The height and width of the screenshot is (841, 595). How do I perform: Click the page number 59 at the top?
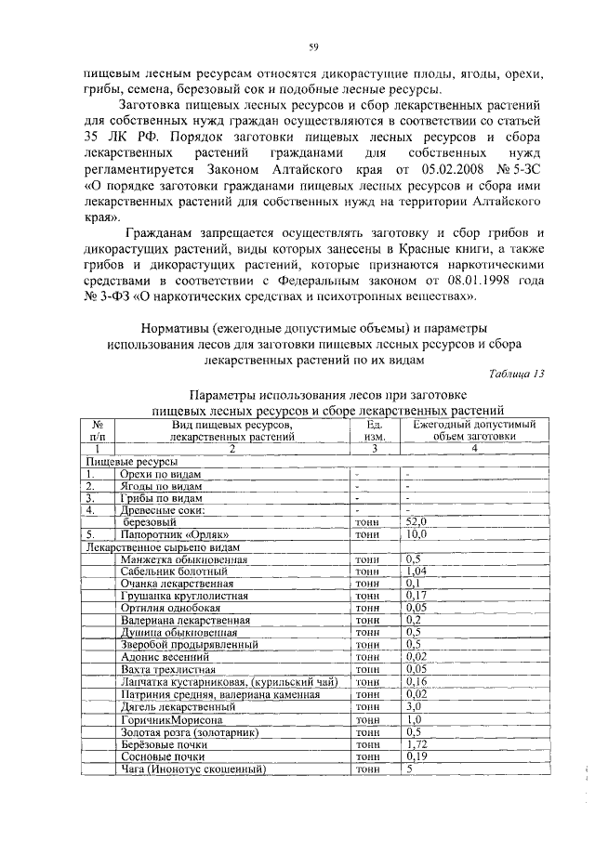coord(314,47)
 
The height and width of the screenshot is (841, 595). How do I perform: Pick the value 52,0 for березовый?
coord(416,523)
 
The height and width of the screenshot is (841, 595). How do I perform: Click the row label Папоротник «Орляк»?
coord(168,535)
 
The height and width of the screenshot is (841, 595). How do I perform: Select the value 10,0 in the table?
coord(416,535)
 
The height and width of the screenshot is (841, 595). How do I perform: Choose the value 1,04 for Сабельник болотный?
coord(416,572)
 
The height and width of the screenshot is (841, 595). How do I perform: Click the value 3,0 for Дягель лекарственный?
coord(414,707)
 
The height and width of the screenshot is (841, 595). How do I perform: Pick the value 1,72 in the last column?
coord(416,745)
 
